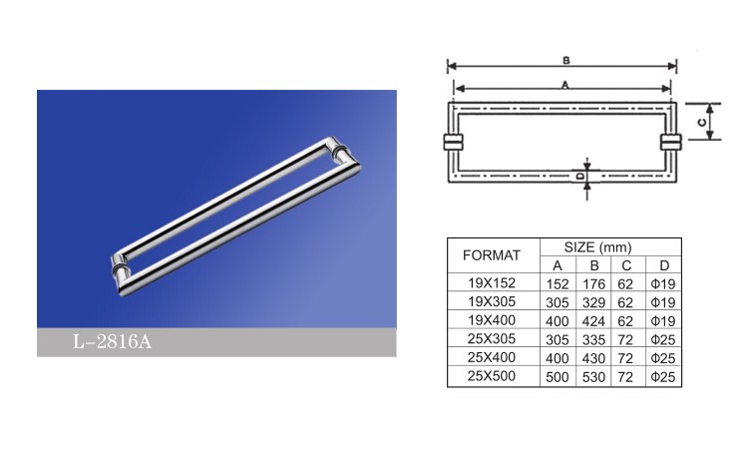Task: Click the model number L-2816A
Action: pos(112,341)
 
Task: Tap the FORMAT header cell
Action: pos(492,255)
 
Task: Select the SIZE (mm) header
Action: pos(597,247)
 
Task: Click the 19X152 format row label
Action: pos(492,283)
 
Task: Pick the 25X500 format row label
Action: pos(492,376)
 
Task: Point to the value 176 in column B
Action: pos(593,284)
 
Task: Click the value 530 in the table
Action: pos(593,377)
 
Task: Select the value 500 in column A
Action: pos(558,377)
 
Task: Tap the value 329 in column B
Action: pos(593,303)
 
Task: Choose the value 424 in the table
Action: pos(593,321)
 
